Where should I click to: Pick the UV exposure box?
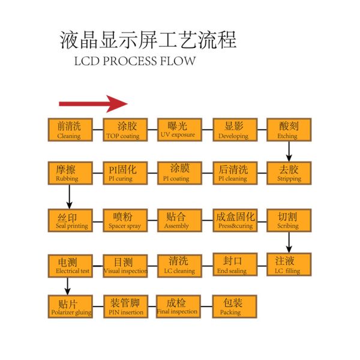[178, 130]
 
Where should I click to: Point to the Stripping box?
[289, 173]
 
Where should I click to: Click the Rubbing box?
[70, 173]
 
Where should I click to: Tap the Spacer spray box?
[125, 220]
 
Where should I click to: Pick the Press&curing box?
[235, 220]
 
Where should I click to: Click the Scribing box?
[289, 220]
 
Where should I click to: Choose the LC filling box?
[289, 265]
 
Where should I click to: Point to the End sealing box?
[235, 265]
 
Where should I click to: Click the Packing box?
[235, 306]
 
